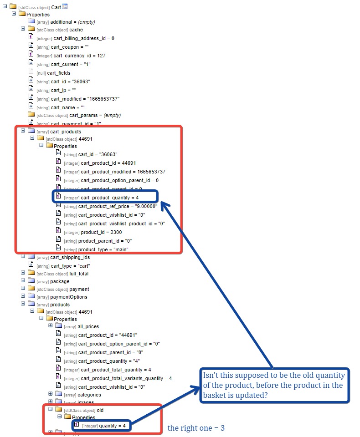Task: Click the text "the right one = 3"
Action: click(x=196, y=428)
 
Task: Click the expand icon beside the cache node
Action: click(x=23, y=29)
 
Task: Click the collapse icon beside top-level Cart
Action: click(x=5, y=6)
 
